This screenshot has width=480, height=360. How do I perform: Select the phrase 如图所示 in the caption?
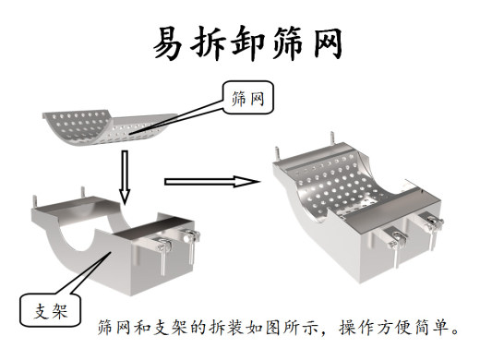coord(276,328)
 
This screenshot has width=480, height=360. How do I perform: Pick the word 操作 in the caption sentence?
coord(352,328)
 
